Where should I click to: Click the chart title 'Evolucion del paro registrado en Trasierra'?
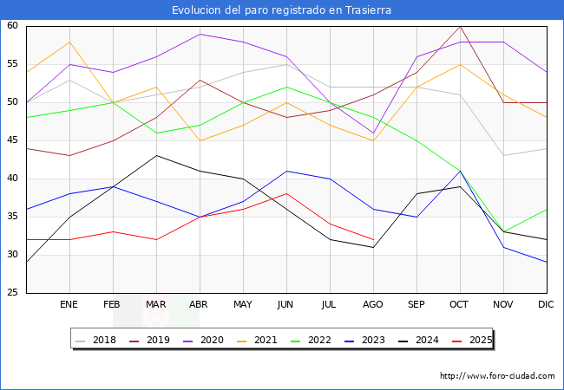281,10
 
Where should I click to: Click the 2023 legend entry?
369,340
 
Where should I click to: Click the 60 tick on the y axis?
13,26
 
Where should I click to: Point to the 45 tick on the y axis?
13,140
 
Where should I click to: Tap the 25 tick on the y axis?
13,293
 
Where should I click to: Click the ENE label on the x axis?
69,305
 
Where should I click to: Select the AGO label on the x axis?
373,305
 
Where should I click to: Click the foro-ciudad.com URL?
497,376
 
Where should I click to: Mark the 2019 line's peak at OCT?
460,26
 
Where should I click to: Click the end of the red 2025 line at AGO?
373,239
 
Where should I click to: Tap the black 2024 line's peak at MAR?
156,156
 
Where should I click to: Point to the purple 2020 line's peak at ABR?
200,34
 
